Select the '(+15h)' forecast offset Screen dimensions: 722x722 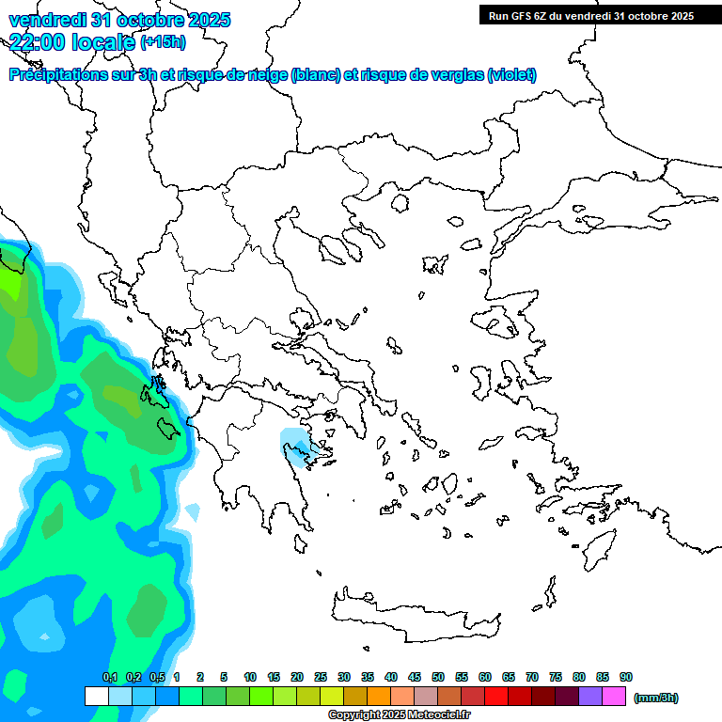click(x=163, y=41)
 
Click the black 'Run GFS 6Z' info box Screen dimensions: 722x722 click(x=590, y=15)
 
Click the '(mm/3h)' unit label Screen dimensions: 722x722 click(x=656, y=698)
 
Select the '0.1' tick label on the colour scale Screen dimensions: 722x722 click(x=110, y=678)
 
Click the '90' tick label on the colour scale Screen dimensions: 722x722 click(x=626, y=678)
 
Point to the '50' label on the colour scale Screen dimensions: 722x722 click(x=438, y=678)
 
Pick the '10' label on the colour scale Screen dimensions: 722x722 click(x=250, y=678)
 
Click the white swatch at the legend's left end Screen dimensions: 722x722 click(x=96, y=697)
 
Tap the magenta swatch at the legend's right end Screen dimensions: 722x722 click(x=614, y=697)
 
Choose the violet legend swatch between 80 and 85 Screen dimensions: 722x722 click(x=590, y=697)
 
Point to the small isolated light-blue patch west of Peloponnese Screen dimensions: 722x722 click(x=193, y=512)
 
